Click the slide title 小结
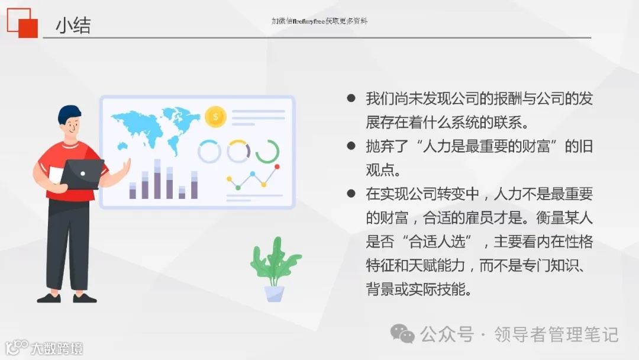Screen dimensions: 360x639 click(x=73, y=25)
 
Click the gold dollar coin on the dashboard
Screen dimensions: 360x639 click(x=215, y=117)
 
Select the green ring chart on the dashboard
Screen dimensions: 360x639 click(x=267, y=152)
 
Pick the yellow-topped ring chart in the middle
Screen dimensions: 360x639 click(x=238, y=152)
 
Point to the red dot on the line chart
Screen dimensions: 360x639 click(x=276, y=167)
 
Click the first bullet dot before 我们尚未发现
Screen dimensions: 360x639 click(x=351, y=98)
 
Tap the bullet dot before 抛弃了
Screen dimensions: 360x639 click(x=351, y=146)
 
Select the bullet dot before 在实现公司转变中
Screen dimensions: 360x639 click(x=351, y=194)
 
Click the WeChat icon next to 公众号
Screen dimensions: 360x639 click(x=403, y=334)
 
